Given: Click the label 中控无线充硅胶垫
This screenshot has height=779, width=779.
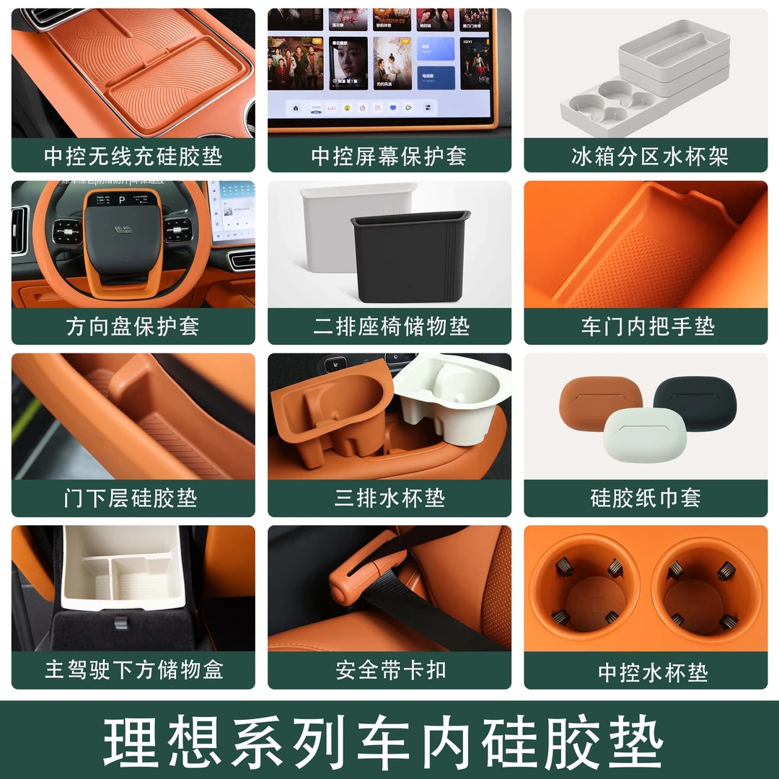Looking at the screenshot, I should [133, 156].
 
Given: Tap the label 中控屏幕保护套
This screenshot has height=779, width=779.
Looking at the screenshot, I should [389, 156].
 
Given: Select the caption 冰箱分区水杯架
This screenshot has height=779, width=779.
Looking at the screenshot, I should [645, 156].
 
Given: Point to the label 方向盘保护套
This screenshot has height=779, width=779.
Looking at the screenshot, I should [133, 327].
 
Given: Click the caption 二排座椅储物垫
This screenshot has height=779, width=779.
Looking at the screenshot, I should [390, 327].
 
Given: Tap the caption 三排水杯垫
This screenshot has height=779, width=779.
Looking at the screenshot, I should [389, 498].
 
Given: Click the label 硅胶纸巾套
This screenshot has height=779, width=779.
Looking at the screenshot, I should [646, 498].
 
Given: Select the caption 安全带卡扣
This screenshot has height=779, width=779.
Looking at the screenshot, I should [390, 670].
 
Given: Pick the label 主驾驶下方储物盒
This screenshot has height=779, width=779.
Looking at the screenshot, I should [134, 670].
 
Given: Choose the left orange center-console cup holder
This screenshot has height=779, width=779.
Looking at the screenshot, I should [585, 587].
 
